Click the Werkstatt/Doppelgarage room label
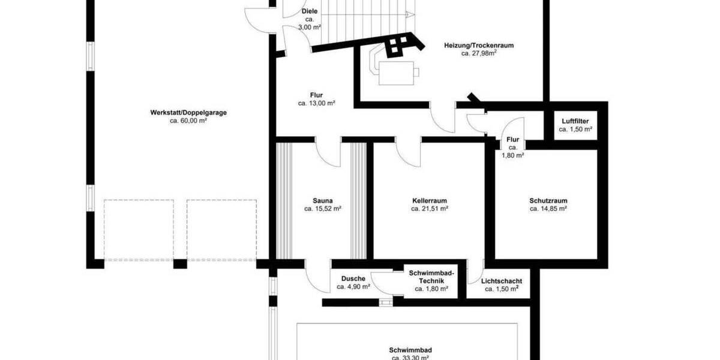pyautogui.click(x=188, y=112)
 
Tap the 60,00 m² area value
pyautogui.click(x=188, y=121)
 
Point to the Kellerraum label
pyautogui.click(x=430, y=201)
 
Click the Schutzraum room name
pyautogui.click(x=548, y=201)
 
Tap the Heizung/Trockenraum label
pyautogui.click(x=479, y=45)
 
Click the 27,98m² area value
pyautogui.click(x=479, y=53)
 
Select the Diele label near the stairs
pyautogui.click(x=310, y=11)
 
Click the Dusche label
pyautogui.click(x=353, y=278)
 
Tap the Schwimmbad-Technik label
pyautogui.click(x=431, y=277)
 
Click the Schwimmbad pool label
pyautogui.click(x=410, y=350)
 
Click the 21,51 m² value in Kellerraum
pyautogui.click(x=430, y=209)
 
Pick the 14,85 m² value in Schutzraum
pyautogui.click(x=548, y=209)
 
